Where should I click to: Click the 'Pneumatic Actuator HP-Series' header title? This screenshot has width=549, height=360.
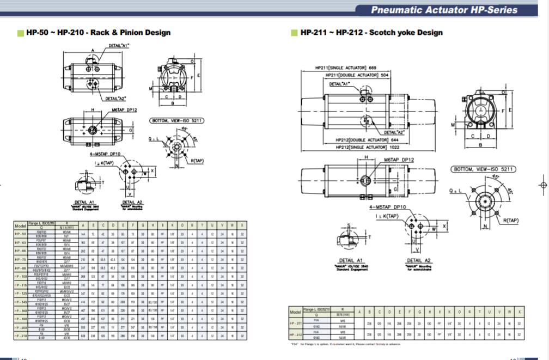point(444,10)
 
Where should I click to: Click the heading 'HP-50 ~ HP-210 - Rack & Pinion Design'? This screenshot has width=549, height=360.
point(98,33)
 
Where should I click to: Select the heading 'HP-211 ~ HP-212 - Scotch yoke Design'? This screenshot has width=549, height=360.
point(371,33)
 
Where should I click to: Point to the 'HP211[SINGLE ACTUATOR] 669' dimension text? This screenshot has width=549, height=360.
point(346,68)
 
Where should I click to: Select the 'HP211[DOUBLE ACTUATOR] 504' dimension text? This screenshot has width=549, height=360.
point(357,75)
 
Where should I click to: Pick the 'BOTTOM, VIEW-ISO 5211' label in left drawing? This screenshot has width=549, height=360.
point(177,120)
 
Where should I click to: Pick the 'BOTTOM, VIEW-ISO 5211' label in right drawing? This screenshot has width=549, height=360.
point(483,169)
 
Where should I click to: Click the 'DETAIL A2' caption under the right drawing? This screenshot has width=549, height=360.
point(418,261)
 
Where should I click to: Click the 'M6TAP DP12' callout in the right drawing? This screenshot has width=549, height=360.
point(399,160)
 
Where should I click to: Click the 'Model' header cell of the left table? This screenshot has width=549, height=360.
point(20,225)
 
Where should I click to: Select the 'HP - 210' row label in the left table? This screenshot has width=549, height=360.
point(20,337)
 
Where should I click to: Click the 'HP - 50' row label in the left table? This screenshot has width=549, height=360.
point(20,234)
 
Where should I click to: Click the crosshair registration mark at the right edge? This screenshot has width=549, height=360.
point(542,185)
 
